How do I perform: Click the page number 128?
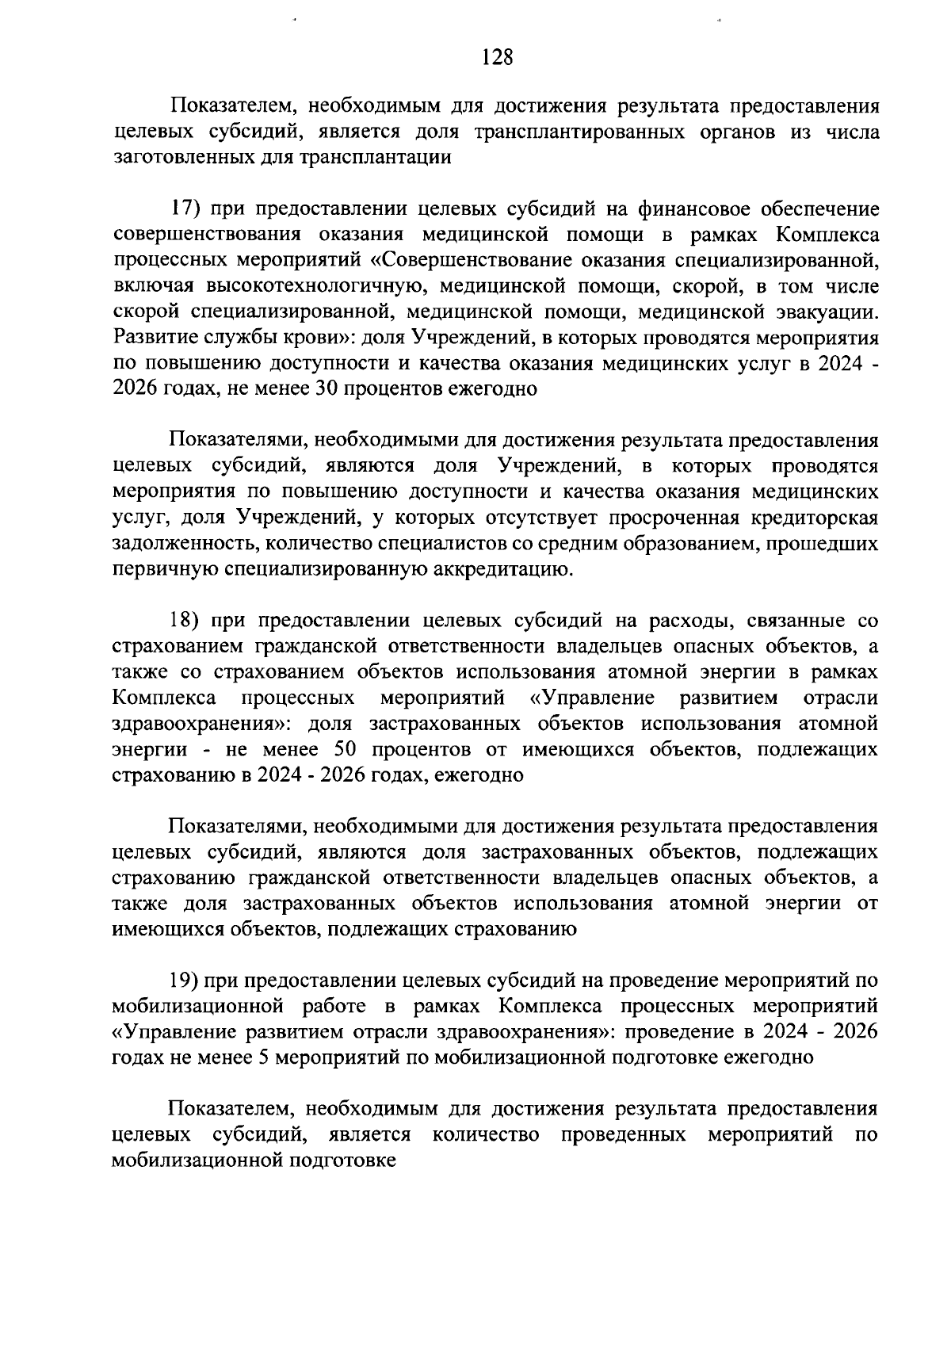click(x=498, y=57)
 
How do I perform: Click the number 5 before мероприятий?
click(x=265, y=1058)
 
